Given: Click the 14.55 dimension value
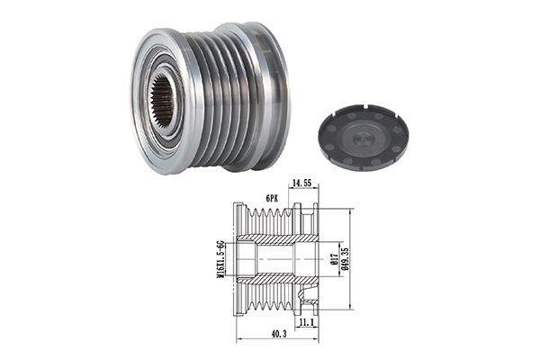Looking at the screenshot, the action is pos(301,183).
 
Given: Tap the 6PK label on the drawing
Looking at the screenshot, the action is pos(272,198).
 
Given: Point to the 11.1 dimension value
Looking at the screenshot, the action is pos(306,322).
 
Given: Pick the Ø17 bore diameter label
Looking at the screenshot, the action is pos(333,258).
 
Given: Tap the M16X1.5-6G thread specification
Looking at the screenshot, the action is pos(221,259).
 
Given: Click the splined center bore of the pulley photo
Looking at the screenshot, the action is pos(162,101).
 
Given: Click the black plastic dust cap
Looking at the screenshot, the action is pos(363,139).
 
